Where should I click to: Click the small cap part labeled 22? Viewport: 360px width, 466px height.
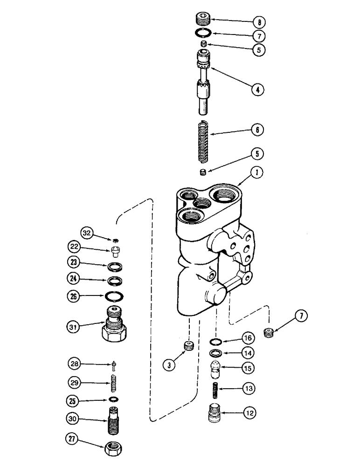point(115,252)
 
